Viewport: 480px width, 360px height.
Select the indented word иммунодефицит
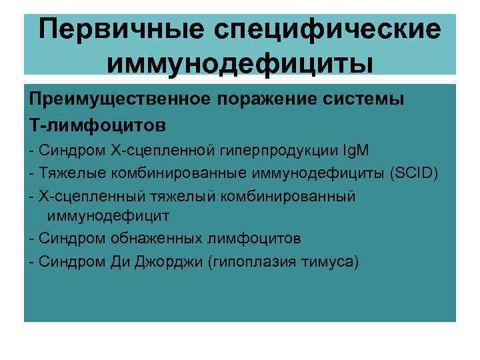[108, 215]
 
